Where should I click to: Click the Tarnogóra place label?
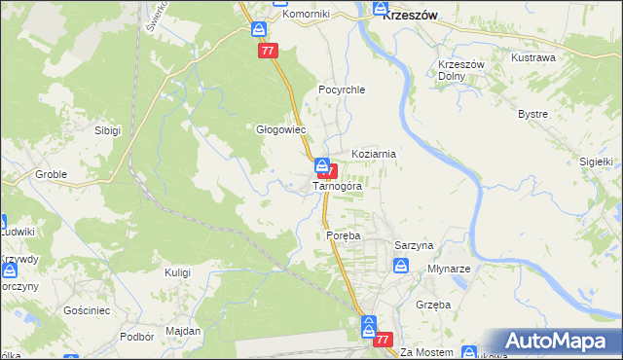[x=337, y=186]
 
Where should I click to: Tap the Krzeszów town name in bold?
[x=410, y=15]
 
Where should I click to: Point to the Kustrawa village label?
[x=532, y=57]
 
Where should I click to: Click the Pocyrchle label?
[x=341, y=90]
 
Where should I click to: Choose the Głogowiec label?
[x=280, y=128]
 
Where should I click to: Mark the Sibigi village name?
[x=107, y=129]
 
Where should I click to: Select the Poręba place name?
[x=343, y=235]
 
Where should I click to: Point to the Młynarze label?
[x=449, y=268]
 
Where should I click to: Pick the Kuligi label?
[x=177, y=272]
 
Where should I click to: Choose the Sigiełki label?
[x=594, y=162]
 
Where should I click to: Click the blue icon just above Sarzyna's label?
[x=400, y=266]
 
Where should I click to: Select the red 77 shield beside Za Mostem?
[x=383, y=340]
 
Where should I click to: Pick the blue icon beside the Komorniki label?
[x=259, y=29]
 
